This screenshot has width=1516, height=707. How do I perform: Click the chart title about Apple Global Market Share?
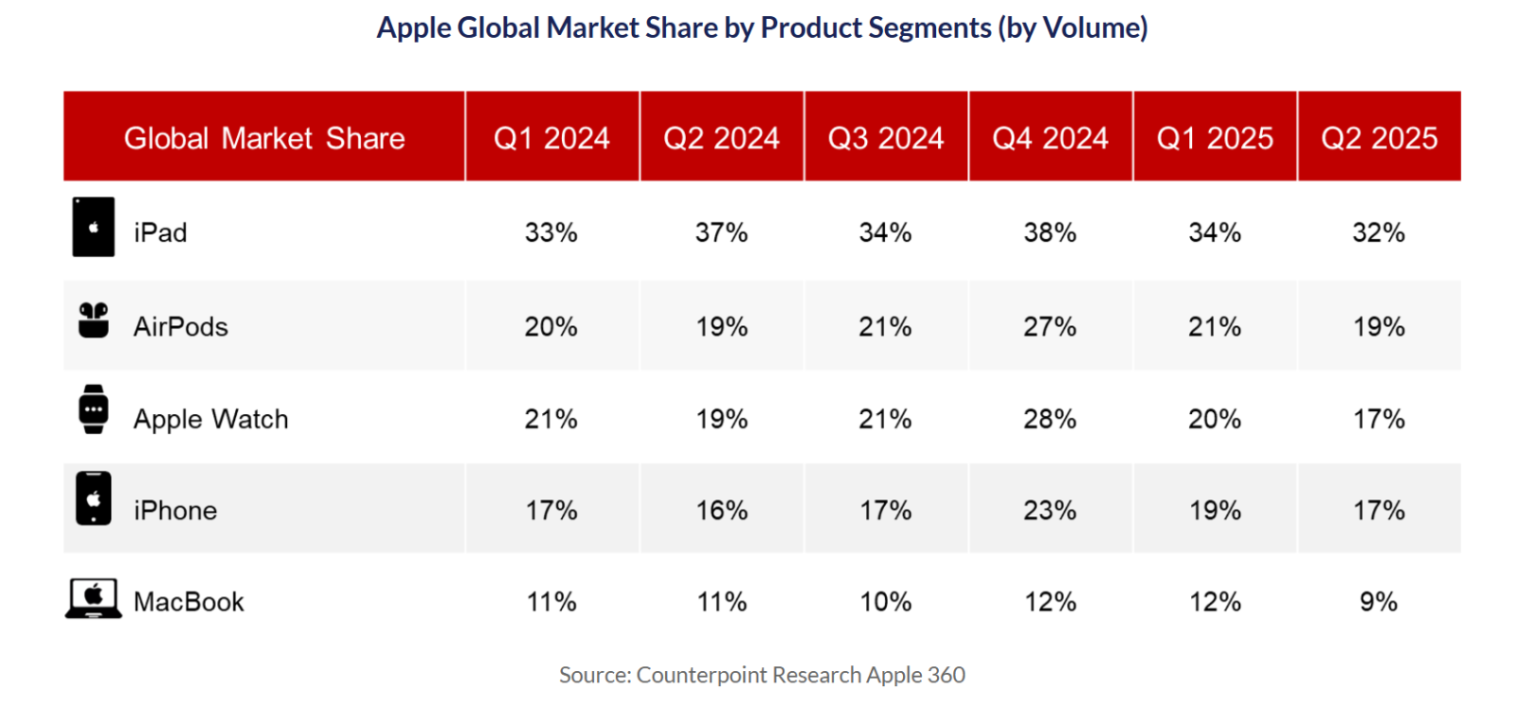click(x=762, y=27)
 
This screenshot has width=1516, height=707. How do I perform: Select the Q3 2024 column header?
click(x=886, y=138)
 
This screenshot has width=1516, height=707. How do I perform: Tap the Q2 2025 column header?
click(x=1380, y=138)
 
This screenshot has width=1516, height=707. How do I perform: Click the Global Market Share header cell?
click(x=264, y=138)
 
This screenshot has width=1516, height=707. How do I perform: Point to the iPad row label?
click(x=160, y=232)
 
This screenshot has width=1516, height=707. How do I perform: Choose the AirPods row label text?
click(x=181, y=327)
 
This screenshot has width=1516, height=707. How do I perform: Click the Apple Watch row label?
click(x=210, y=419)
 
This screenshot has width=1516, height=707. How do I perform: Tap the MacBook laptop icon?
click(x=93, y=599)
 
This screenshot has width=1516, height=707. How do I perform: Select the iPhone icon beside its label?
click(x=93, y=499)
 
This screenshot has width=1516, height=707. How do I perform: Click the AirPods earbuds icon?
click(x=93, y=320)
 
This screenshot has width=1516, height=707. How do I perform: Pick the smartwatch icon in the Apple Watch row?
click(x=93, y=409)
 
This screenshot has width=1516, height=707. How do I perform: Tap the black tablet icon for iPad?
click(x=93, y=227)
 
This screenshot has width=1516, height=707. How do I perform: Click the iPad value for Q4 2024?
click(x=1050, y=232)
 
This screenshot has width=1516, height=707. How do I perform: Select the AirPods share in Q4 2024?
click(x=1050, y=327)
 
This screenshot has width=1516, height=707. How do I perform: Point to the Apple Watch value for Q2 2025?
click(x=1379, y=419)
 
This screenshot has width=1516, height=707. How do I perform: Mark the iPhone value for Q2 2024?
click(x=722, y=511)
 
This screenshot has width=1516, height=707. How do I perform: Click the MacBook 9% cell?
click(x=1379, y=602)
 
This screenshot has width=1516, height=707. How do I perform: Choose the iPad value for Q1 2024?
click(x=551, y=232)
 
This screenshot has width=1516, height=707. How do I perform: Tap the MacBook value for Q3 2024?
click(x=886, y=602)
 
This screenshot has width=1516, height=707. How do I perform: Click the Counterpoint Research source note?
click(x=762, y=675)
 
